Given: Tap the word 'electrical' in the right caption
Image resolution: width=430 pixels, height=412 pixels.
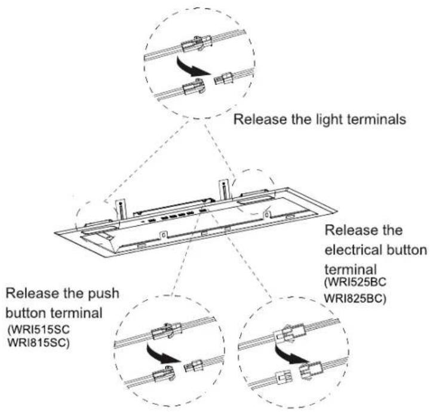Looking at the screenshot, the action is point(353,250).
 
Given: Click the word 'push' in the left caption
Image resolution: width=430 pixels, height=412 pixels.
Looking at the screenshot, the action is point(103,294).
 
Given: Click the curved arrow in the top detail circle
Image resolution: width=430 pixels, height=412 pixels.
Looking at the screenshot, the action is point(192,68).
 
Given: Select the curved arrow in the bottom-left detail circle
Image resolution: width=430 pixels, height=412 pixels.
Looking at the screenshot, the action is point(162,355).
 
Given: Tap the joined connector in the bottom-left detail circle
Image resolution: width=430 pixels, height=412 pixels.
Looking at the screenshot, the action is point(167,330).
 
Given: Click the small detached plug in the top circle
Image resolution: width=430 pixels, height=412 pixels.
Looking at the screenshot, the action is point(223,78).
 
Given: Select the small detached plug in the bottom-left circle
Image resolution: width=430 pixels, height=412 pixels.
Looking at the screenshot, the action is point(193,366).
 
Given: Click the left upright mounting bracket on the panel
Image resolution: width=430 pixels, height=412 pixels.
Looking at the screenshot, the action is point(121,209).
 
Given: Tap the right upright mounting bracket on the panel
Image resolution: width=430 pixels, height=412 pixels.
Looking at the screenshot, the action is point(224,190).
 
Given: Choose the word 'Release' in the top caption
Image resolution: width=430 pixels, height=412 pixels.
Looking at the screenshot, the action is point(260,120).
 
